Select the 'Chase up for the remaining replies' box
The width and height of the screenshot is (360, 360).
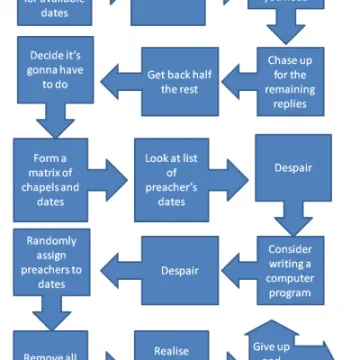tap(289, 84)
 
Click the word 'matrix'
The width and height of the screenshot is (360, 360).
tap(41, 174)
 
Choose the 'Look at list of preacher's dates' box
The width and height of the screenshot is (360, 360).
tap(171, 180)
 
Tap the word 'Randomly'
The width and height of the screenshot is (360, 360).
tap(41, 240)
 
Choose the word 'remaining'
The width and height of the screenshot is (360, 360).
tap(290, 91)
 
